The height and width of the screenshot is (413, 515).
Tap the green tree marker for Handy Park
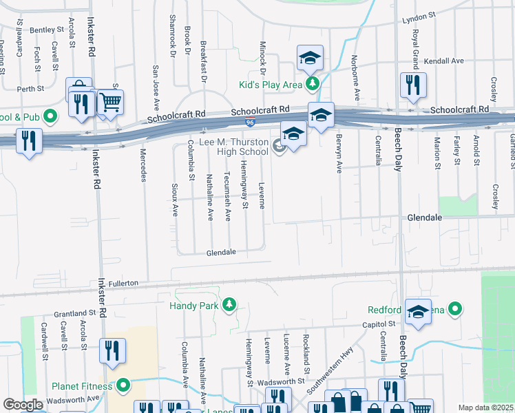229,304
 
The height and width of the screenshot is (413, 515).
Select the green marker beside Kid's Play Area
313,84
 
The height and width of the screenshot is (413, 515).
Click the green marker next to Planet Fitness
123,385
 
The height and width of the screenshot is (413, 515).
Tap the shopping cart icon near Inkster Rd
110,103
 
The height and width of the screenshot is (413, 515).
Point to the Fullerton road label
123,283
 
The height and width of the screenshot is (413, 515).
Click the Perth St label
31,89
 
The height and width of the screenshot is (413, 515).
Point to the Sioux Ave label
174,200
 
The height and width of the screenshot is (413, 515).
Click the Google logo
23,405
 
